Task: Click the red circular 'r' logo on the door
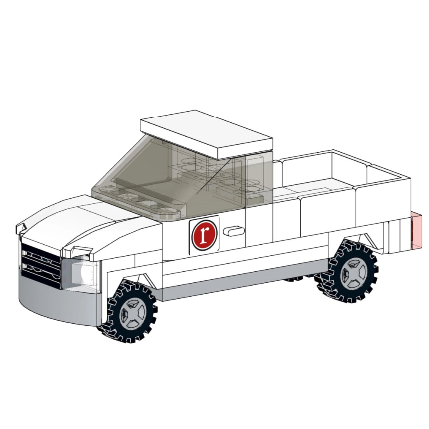[204, 235]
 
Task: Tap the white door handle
[234, 231]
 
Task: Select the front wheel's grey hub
[132, 313]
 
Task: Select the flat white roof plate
[206, 135]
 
